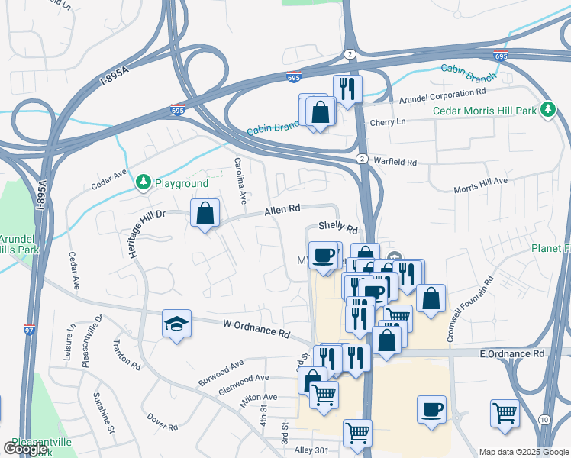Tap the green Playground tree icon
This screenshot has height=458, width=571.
(x=143, y=182)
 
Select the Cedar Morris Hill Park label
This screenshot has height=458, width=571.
(x=486, y=110)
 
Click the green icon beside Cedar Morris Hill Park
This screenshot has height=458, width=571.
(x=547, y=110)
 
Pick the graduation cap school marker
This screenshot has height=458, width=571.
(x=176, y=324)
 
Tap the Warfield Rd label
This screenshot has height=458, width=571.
(x=395, y=162)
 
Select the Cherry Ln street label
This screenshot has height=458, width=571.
(x=388, y=121)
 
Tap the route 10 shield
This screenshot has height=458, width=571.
(x=544, y=421)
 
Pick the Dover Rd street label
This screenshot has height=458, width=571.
(x=163, y=421)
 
